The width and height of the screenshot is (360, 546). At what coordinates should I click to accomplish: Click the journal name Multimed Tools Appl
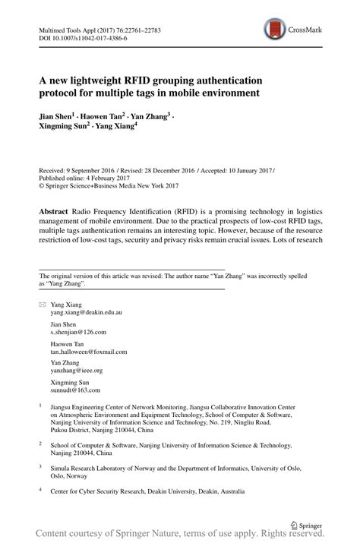point(68,30)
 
